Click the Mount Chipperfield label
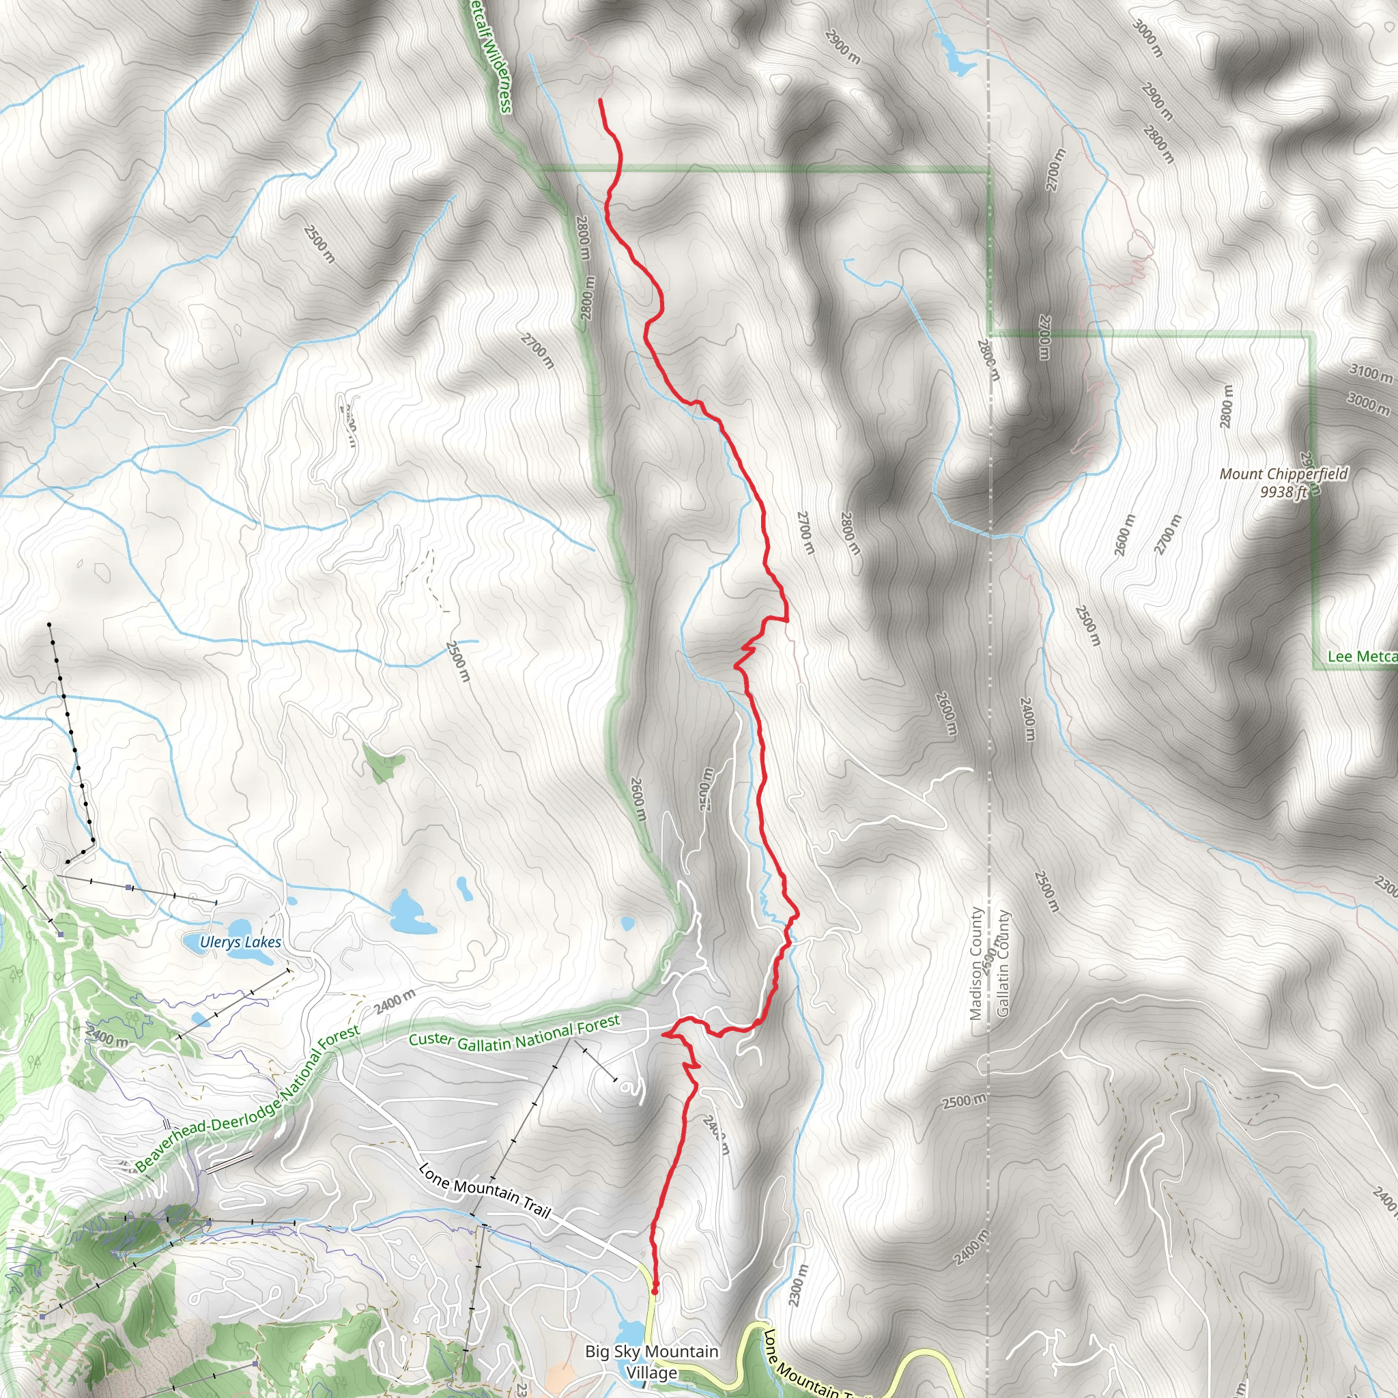click(1284, 474)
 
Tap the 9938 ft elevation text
click(1284, 492)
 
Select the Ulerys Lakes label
click(240, 942)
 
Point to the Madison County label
click(976, 964)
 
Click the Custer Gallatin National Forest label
click(514, 1032)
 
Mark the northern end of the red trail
click(601, 100)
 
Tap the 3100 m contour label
click(1371, 373)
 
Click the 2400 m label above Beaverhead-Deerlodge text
click(395, 1003)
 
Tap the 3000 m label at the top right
click(1147, 38)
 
